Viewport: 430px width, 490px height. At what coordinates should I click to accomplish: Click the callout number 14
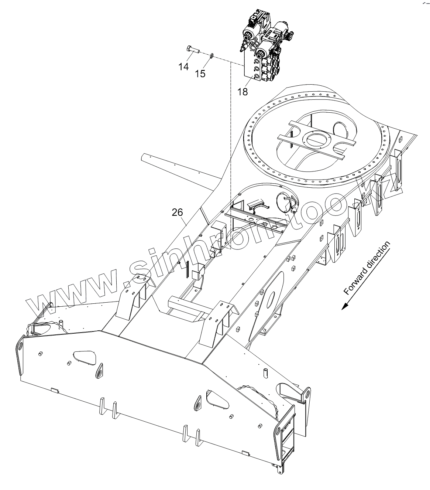(x=183, y=67)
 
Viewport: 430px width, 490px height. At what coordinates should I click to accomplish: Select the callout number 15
(x=200, y=74)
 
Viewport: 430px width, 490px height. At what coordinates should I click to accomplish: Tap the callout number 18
(x=242, y=92)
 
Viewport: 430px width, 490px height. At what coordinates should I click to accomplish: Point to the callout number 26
(x=177, y=212)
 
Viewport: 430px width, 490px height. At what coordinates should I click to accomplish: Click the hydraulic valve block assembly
(x=263, y=48)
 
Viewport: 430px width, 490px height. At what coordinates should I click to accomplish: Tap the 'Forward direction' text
(x=367, y=268)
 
